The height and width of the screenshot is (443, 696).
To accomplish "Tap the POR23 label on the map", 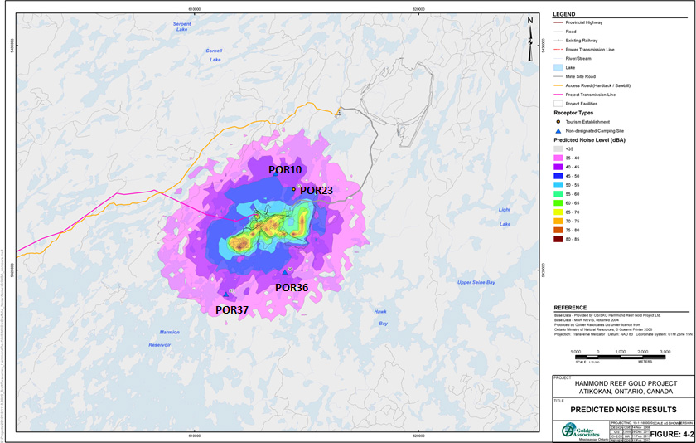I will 317,190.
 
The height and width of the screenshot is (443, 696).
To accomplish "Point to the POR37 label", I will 232,309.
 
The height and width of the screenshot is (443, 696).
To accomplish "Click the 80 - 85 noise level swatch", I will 558,239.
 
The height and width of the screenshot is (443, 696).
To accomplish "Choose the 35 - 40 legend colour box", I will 558,157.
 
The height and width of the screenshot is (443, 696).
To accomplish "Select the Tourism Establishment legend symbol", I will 558,121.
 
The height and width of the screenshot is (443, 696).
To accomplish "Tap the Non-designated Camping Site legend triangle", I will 558,130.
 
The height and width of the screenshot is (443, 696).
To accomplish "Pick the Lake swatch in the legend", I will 558,69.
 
